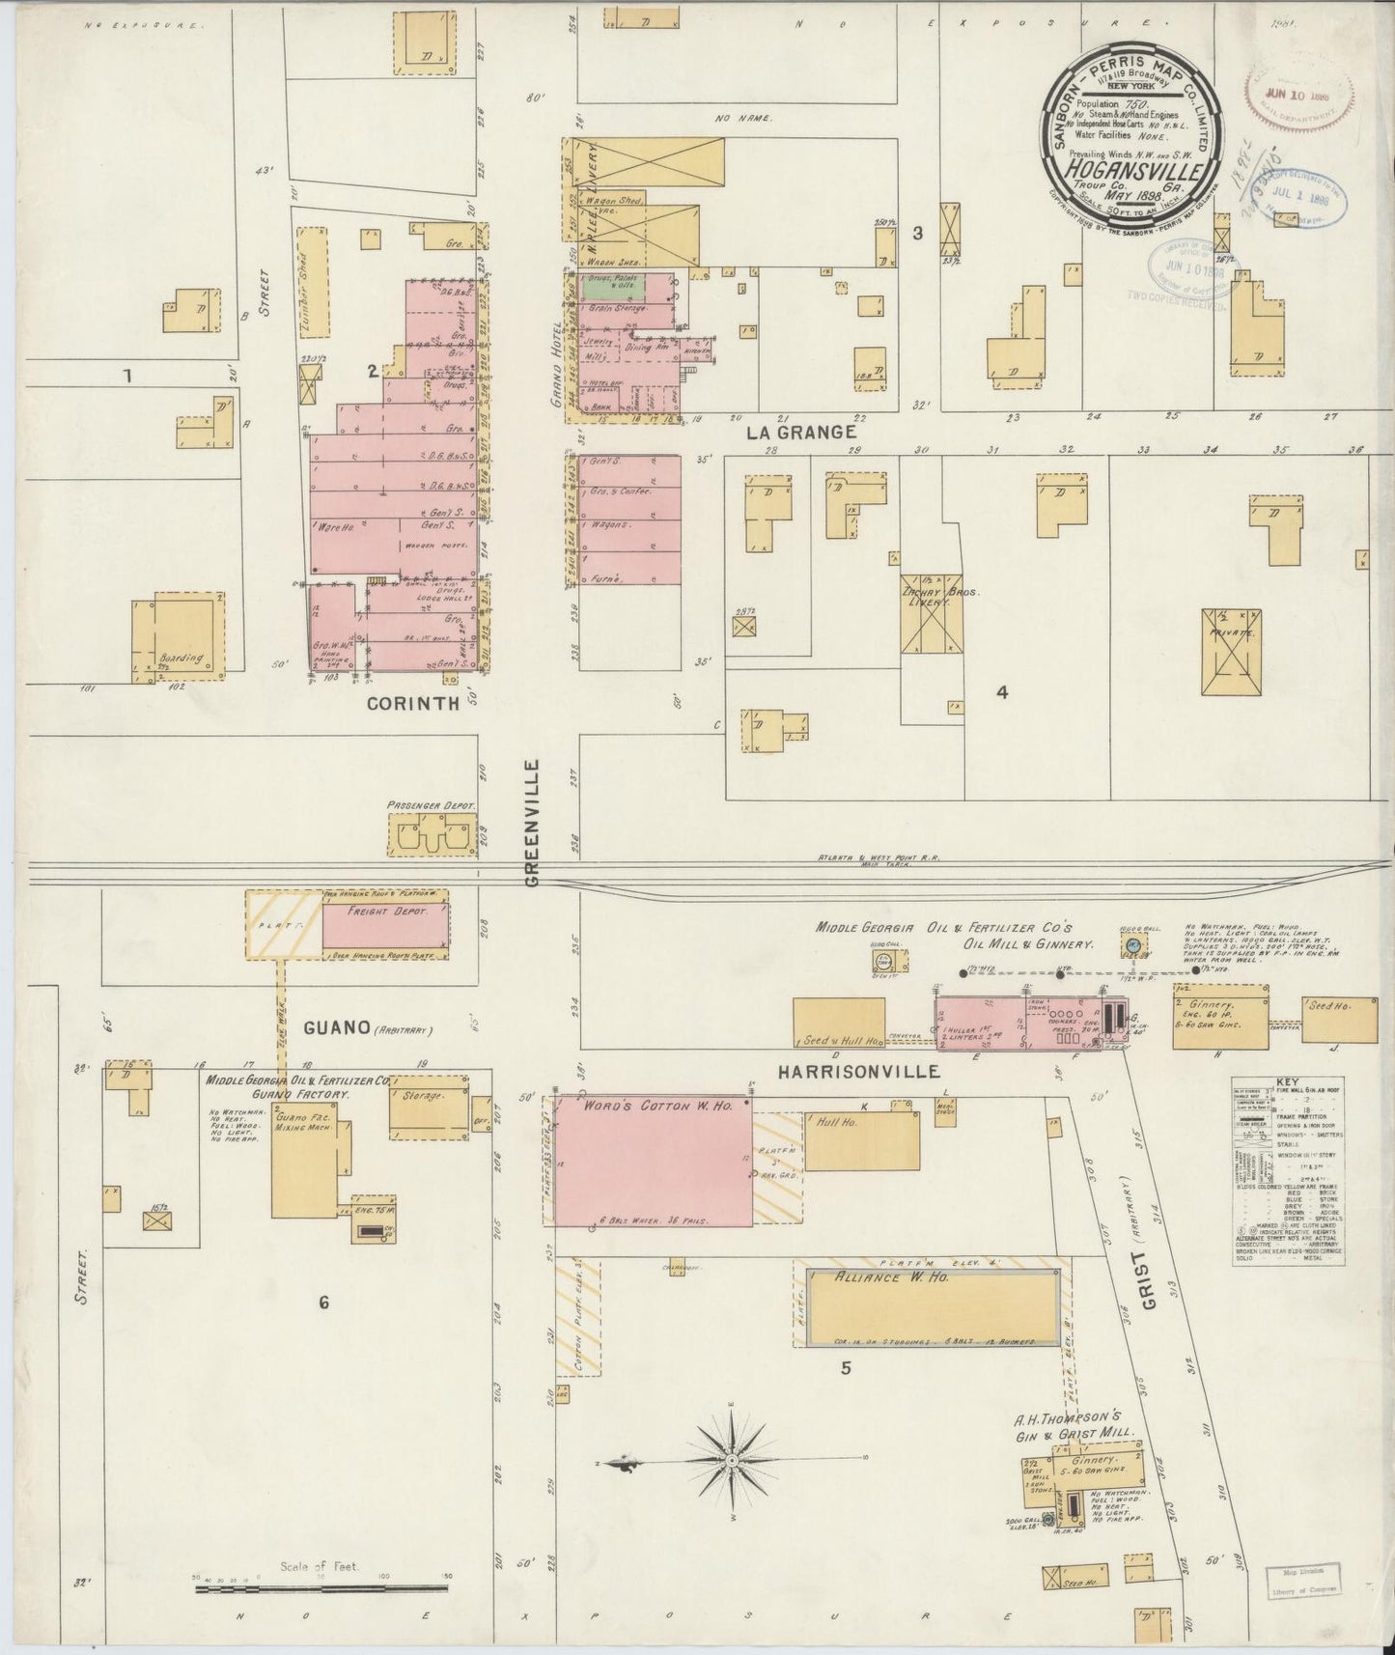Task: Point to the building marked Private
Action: point(1231,652)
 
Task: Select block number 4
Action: point(1002,691)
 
